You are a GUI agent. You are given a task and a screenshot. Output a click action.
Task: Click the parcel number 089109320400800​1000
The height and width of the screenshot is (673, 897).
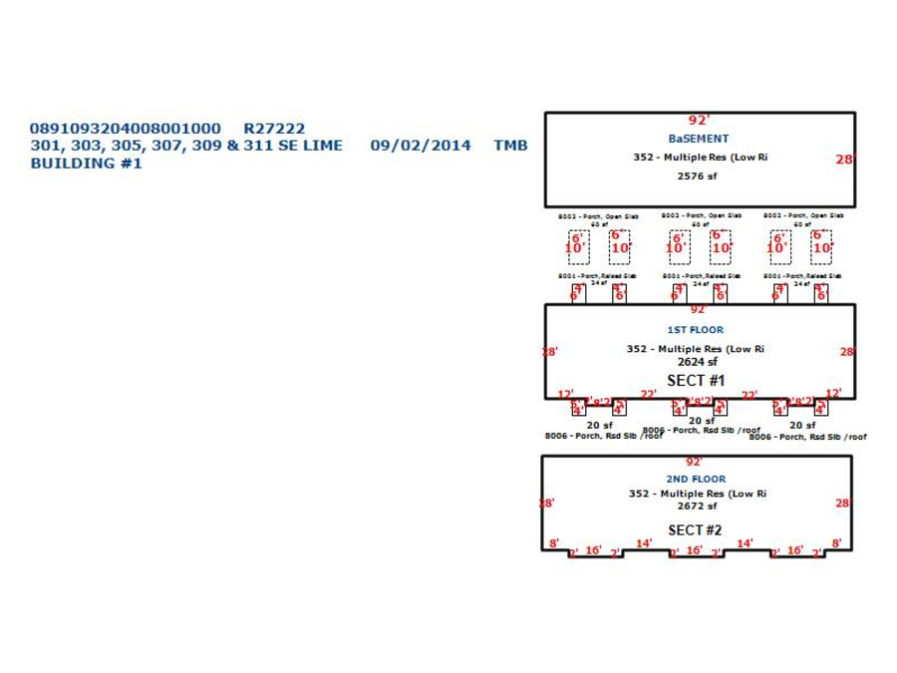(125, 129)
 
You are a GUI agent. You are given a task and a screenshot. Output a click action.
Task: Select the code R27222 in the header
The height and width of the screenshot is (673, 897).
(274, 129)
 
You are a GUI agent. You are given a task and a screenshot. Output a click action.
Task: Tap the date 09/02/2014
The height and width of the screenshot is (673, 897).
(420, 146)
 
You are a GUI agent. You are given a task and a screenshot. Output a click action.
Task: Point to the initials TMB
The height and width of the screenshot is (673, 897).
(510, 146)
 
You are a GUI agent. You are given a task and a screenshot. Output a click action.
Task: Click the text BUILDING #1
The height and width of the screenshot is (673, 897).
(86, 164)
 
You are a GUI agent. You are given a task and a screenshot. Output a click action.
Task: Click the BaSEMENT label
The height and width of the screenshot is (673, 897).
(698, 139)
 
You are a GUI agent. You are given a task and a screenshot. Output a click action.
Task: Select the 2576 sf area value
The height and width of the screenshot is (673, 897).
(697, 176)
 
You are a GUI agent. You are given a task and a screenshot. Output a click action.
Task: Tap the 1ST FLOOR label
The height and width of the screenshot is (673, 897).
(695, 330)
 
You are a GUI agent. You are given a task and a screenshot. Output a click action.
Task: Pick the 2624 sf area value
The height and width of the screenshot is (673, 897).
(697, 362)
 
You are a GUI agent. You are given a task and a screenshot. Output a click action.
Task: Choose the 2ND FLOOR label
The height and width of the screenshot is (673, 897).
(696, 479)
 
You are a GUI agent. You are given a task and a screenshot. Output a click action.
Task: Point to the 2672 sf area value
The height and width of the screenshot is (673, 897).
(697, 506)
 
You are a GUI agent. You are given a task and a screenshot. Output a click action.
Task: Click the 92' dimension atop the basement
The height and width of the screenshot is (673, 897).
(699, 121)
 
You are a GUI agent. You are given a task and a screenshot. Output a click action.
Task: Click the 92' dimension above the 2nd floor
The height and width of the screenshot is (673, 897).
(695, 463)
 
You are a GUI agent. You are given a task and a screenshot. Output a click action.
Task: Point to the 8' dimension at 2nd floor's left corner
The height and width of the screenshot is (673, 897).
(554, 544)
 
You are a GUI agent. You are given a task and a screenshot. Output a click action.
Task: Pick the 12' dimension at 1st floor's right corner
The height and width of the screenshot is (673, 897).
(833, 394)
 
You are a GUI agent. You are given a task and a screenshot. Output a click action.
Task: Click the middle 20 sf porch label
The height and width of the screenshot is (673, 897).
(701, 421)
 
